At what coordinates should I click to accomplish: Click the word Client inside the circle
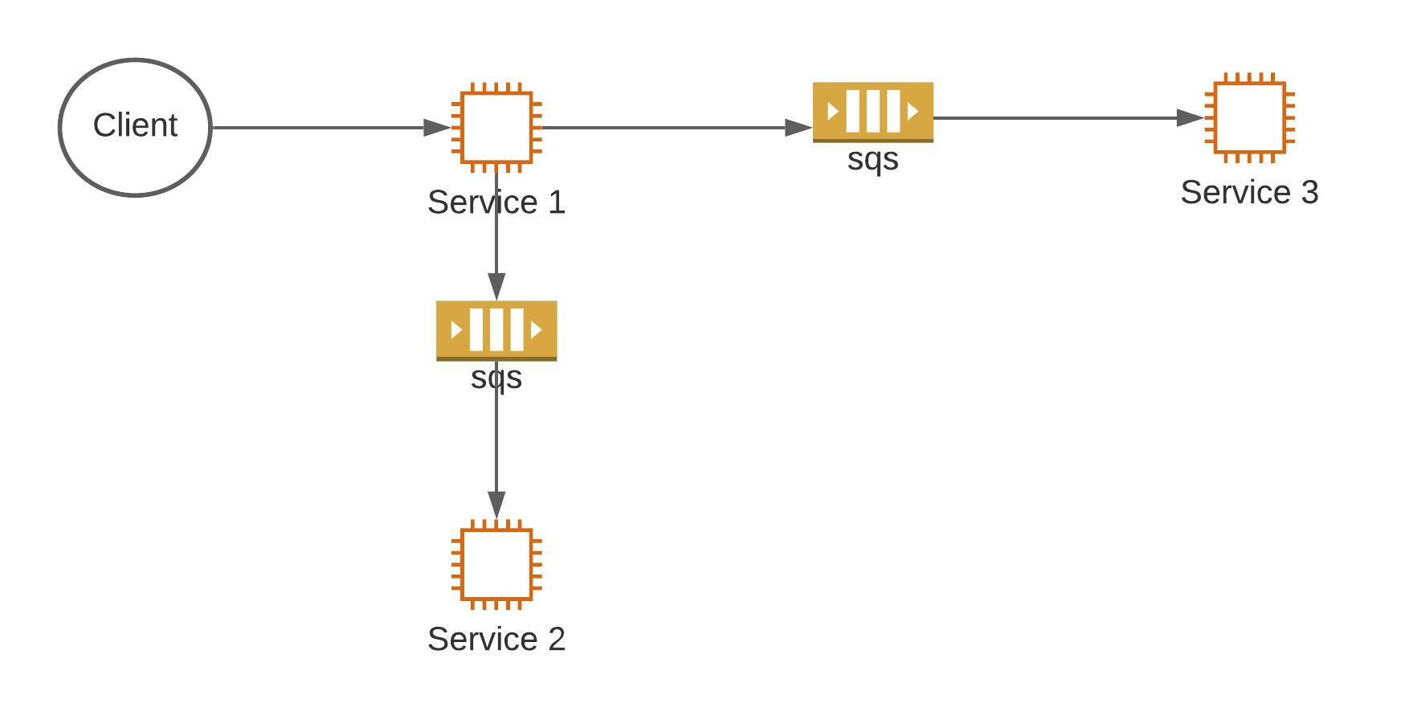(135, 125)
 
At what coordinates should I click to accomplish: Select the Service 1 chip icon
(496, 128)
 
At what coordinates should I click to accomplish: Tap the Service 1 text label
(496, 203)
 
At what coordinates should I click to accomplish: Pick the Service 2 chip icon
(496, 564)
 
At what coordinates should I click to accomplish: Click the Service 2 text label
(496, 640)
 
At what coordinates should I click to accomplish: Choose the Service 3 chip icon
(1249, 118)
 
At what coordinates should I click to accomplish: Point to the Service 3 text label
(1249, 193)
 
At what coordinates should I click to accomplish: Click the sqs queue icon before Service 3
(873, 112)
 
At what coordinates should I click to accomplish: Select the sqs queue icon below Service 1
(496, 330)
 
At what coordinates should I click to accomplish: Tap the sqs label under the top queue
(873, 159)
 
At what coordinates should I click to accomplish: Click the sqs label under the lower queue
(496, 378)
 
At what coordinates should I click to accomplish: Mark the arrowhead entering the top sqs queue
(799, 128)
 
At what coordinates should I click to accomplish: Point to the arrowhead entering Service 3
(1191, 118)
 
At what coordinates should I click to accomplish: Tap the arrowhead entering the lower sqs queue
(496, 287)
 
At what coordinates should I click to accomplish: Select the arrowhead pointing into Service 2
(496, 505)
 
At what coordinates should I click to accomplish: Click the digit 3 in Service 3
(1309, 193)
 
